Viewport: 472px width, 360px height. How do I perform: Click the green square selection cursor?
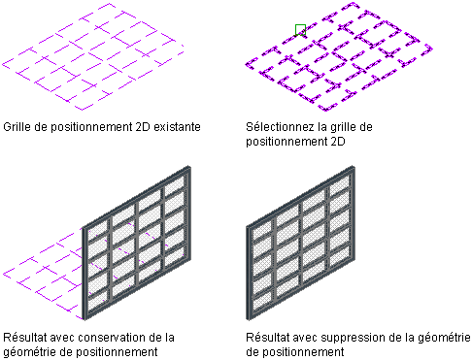300,30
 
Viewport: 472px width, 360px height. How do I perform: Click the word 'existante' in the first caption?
177,127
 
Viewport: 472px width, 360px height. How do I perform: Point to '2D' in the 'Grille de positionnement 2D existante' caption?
143,127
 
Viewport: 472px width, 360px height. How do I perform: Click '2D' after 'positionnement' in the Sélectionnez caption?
338,142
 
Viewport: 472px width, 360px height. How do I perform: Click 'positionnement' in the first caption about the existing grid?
91,127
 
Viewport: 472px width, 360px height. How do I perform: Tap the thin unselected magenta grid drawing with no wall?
92,57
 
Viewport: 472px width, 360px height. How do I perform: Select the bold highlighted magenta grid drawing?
339,57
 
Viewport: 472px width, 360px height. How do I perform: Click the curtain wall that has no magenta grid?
301,244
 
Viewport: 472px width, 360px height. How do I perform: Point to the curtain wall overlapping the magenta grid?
136,244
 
